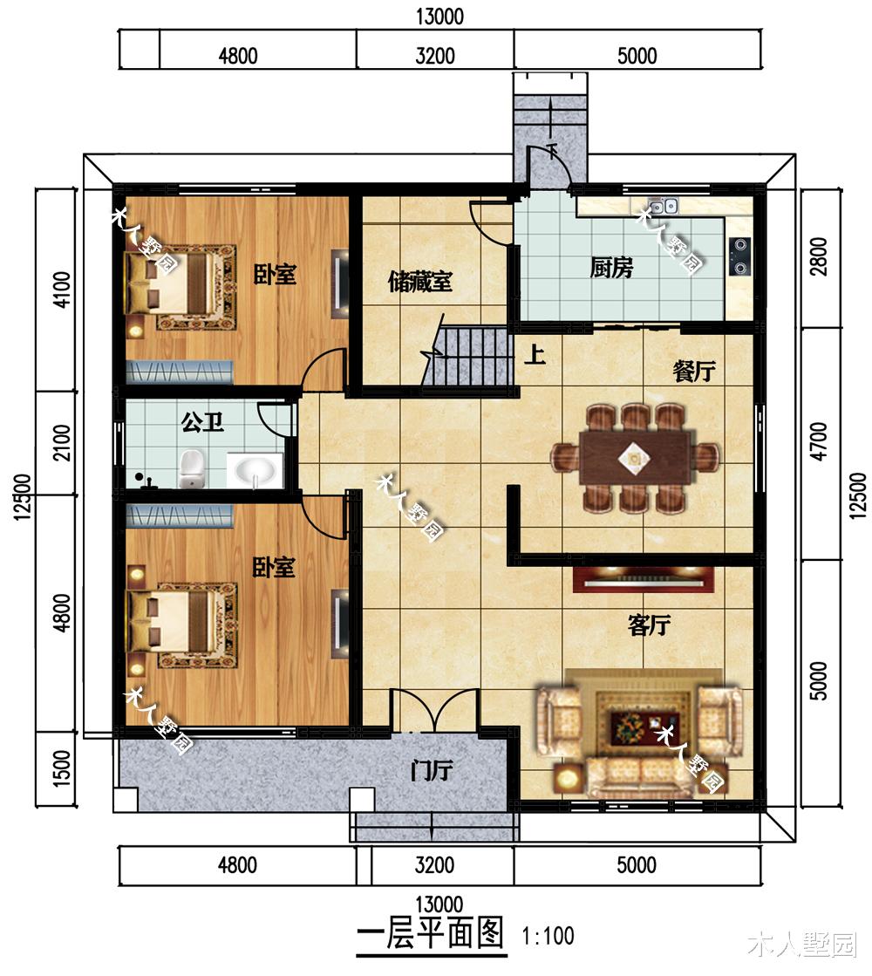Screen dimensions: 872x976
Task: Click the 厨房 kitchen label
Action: click(611, 269)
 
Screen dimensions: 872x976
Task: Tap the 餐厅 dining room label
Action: click(694, 372)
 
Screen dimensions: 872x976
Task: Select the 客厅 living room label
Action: click(649, 625)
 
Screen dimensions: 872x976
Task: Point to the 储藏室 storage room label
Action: click(420, 282)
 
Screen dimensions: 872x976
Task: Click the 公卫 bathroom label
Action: click(203, 423)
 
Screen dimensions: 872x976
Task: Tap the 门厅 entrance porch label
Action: click(432, 770)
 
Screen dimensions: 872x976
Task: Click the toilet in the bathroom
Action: click(192, 469)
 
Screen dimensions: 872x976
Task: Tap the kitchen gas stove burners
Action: click(740, 256)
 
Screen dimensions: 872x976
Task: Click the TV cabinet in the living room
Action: click(644, 579)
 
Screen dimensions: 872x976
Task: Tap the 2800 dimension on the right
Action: click(820, 256)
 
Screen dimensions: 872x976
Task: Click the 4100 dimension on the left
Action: click(62, 290)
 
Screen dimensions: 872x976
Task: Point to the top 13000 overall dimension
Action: click(439, 17)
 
